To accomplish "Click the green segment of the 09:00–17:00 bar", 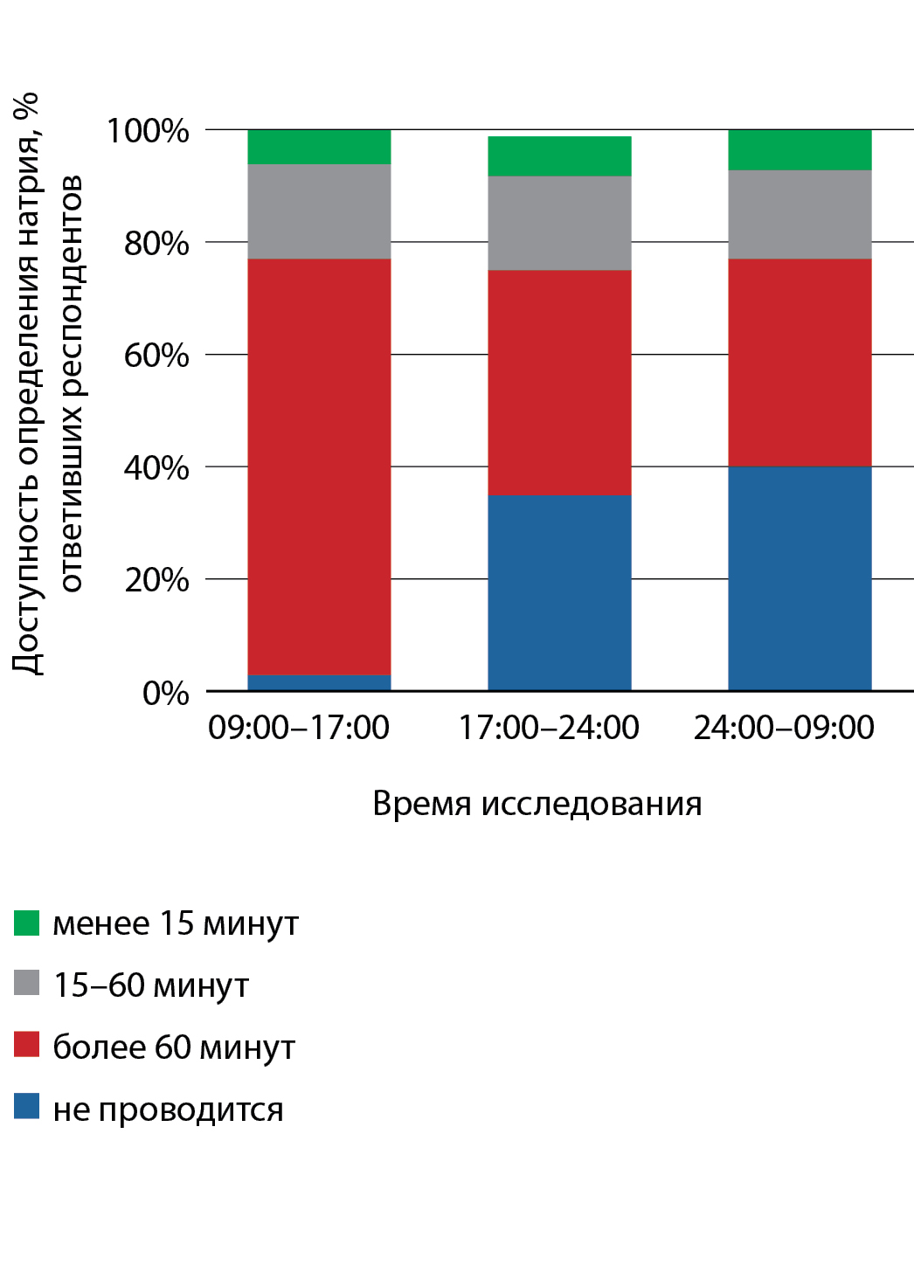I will (319, 147).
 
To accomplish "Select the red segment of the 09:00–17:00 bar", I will (319, 467).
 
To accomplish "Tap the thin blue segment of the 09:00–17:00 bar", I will (319, 683).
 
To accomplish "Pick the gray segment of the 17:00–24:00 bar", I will (559, 223).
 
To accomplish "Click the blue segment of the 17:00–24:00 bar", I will (559, 593).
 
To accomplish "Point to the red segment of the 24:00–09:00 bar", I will (800, 363).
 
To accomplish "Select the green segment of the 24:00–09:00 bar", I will (800, 149).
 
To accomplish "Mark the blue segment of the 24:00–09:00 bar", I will (800, 578).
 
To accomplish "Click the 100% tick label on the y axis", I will (148, 131).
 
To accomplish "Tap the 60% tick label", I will (156, 356).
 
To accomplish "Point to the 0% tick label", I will (165, 693).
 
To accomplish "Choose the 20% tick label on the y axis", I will (156, 580).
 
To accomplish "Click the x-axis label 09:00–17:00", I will (299, 728).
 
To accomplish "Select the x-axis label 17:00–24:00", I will (549, 728).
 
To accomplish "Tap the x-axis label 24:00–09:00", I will (784, 728).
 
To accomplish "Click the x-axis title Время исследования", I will (537, 804).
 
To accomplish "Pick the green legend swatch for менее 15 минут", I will (27, 923).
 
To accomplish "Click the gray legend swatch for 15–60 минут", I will (27, 983).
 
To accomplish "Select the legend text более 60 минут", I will (174, 1047).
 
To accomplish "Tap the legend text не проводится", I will (168, 1109).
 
